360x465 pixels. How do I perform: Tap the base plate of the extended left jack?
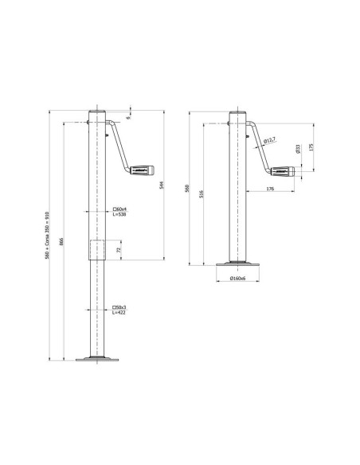[x=96, y=359]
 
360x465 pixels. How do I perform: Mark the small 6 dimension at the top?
[x=128, y=117]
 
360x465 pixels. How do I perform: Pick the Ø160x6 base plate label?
[x=237, y=279]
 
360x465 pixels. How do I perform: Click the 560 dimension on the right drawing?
[x=188, y=188]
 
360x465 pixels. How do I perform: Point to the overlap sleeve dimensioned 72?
[x=96, y=248]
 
